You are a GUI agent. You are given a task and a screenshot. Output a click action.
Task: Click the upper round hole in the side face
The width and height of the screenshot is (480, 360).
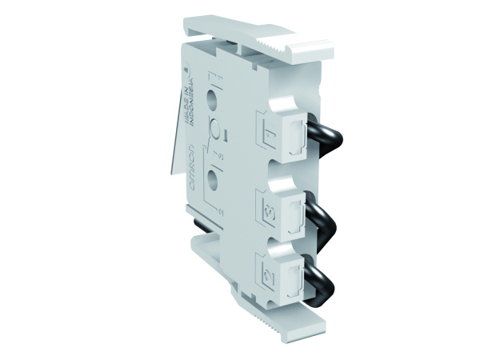213,100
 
